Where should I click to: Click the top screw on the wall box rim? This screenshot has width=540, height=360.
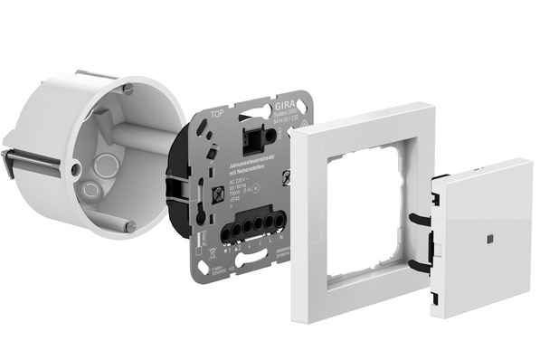tap(128, 88)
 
